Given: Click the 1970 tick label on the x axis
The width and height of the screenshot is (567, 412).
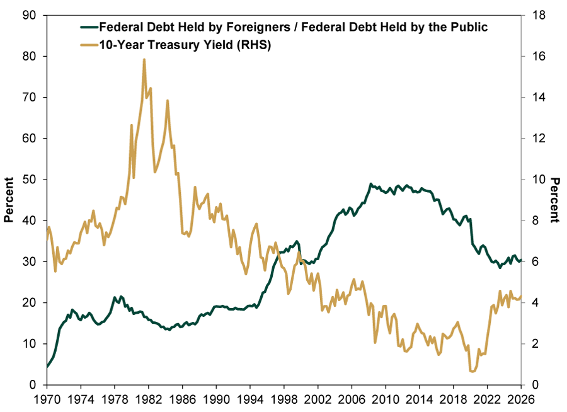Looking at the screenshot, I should coord(47,399).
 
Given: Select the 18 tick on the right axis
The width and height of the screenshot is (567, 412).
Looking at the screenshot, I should coord(534,15).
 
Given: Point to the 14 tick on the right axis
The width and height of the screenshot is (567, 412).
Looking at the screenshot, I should coord(534,98).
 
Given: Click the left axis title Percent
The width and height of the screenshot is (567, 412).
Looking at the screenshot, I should coord(9,200).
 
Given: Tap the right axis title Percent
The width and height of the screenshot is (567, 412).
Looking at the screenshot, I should coord(555,200).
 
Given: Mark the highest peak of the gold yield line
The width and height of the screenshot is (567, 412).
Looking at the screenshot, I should coord(144,59).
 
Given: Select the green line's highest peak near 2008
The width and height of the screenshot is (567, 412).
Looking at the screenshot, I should coord(370,184).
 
